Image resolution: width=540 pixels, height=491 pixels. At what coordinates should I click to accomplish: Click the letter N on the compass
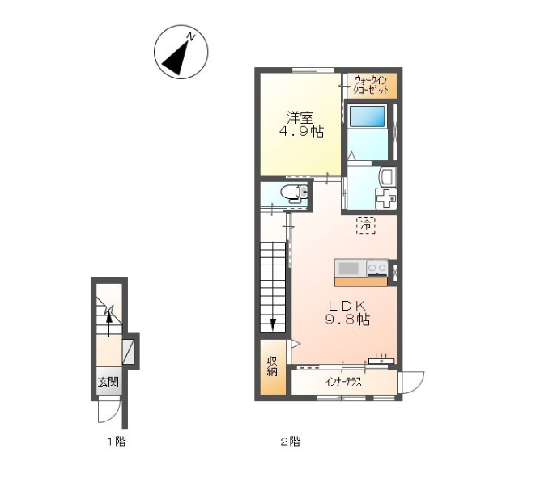point(190,36)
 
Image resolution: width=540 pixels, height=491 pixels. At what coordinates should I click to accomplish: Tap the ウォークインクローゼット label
point(372,86)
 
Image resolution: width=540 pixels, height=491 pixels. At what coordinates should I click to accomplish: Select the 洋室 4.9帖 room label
point(300,125)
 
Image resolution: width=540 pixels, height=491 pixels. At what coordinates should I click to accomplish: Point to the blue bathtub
point(367,116)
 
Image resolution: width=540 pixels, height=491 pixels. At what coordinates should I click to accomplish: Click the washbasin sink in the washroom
point(388,176)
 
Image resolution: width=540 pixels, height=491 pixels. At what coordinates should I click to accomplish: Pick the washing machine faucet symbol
point(385,198)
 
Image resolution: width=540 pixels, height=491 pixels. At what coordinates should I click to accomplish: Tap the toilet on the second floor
point(294,193)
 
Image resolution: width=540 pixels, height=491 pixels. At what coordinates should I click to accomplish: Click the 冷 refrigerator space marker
point(366,226)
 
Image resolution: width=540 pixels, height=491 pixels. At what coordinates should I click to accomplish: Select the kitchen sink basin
point(348,268)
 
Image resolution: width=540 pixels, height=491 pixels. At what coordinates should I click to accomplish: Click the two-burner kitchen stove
point(377,268)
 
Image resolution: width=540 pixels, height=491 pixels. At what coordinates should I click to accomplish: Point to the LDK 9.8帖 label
point(347,313)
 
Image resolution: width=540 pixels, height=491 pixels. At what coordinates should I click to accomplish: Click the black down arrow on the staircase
point(273,324)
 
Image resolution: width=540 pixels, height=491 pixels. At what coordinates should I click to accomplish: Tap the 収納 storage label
point(272,366)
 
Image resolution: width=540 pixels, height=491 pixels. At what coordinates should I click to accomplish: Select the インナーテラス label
point(343,382)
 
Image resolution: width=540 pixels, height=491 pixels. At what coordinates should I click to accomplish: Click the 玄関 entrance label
point(108,382)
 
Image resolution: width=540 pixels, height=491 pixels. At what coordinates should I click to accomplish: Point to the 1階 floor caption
point(116,441)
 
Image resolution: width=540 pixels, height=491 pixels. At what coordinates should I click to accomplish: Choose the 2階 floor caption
point(291,441)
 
